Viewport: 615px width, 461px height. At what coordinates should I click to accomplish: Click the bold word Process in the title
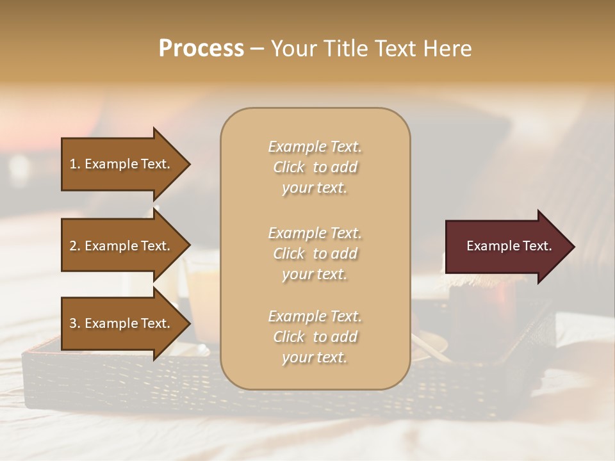click(x=201, y=49)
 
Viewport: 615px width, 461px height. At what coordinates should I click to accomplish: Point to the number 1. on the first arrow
click(x=75, y=164)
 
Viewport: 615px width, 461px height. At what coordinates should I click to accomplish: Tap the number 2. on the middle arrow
click(x=75, y=246)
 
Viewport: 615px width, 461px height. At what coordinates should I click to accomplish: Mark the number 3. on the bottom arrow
click(x=75, y=323)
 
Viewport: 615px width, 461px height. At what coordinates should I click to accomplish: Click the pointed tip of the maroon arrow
click(x=571, y=247)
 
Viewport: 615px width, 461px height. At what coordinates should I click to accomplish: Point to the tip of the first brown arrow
click(x=187, y=164)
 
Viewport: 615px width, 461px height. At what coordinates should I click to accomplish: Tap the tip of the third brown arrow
click(x=187, y=323)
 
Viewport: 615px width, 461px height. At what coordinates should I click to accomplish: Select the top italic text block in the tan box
click(x=315, y=167)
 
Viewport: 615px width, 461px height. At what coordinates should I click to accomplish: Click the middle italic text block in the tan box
click(x=315, y=254)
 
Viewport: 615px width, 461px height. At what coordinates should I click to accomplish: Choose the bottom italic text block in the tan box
click(x=315, y=337)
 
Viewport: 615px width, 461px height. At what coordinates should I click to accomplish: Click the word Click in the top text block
click(x=289, y=167)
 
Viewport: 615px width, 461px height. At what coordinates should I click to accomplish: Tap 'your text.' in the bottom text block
click(x=315, y=357)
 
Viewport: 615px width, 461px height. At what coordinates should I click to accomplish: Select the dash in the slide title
click(x=257, y=49)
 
